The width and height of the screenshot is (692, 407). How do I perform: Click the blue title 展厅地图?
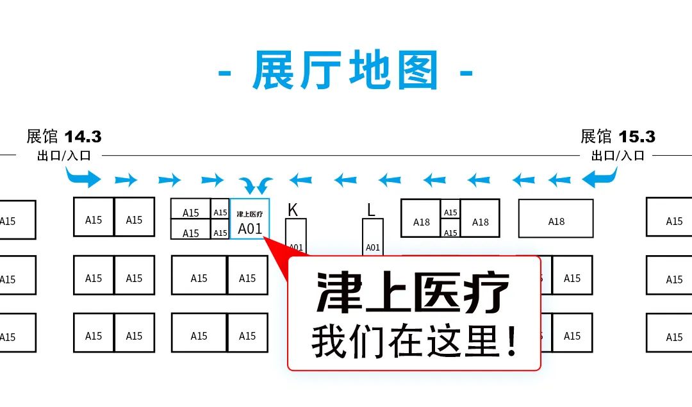point(346,70)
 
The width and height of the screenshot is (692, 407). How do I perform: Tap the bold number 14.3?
point(83,137)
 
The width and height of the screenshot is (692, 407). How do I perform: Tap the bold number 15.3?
point(637,137)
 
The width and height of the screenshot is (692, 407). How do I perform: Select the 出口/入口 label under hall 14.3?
point(64,155)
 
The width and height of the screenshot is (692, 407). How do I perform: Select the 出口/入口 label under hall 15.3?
point(618,155)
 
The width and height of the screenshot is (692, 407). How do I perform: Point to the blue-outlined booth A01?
point(250,219)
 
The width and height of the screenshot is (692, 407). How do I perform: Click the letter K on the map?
point(293,210)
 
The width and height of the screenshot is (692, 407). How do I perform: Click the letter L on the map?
point(371,210)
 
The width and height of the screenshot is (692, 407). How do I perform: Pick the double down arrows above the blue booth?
point(259,185)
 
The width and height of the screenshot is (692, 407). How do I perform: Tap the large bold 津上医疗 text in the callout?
point(413,293)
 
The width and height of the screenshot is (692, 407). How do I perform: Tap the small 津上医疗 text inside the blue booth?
point(250,213)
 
